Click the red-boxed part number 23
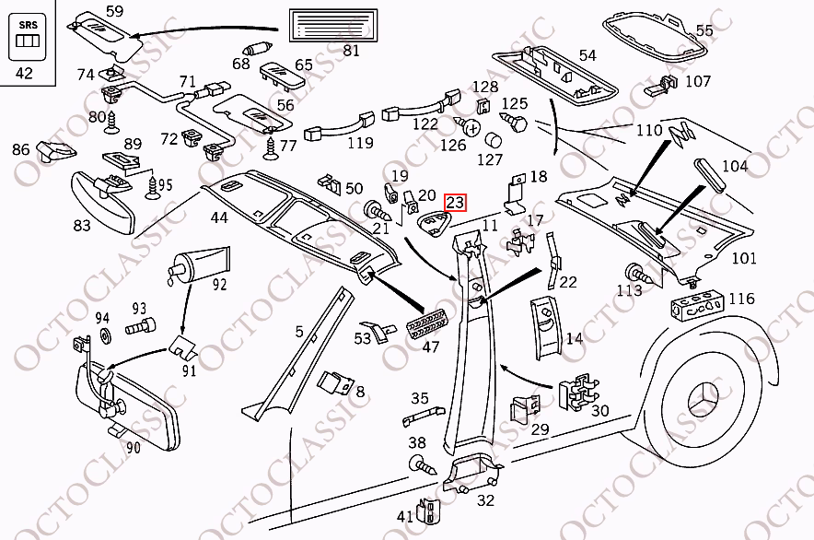(x=455, y=202)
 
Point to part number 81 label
(x=351, y=51)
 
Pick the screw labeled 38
(x=423, y=464)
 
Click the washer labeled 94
(x=104, y=336)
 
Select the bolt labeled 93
(x=140, y=327)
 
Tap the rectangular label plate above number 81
(x=332, y=25)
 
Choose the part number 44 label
(x=219, y=217)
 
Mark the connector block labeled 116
(x=697, y=306)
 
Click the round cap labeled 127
(x=494, y=140)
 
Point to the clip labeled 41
(x=429, y=511)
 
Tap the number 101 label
(x=743, y=258)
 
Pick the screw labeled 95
(x=153, y=188)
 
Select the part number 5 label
(x=299, y=331)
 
